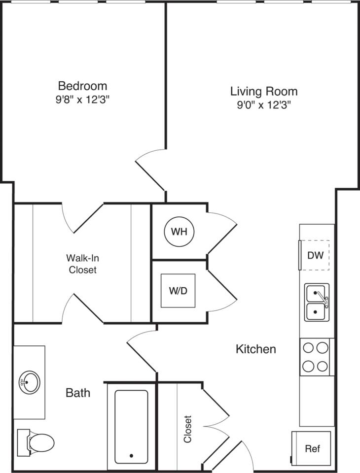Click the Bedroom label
[x=82, y=85]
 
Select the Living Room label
[x=264, y=91]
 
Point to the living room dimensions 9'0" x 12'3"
[x=264, y=104]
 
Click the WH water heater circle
[x=179, y=232]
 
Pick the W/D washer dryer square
[x=178, y=290]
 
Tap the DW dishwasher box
[x=315, y=255]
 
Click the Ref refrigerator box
[x=312, y=448]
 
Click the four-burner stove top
[x=316, y=357]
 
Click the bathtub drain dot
[x=131, y=456]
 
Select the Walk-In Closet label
[x=82, y=264]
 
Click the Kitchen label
[x=255, y=349]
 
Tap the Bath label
[x=78, y=393]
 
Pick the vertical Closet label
[x=188, y=429]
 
